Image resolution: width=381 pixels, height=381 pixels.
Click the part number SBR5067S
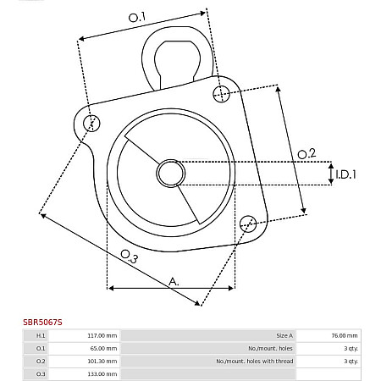point(42,322)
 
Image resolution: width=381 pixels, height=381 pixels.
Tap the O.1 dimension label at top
point(137,16)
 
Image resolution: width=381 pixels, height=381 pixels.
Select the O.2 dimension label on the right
point(307,153)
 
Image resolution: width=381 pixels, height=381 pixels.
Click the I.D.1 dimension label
point(345,174)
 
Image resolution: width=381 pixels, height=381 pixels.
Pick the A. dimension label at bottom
point(173,280)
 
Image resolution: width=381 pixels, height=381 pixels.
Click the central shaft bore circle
point(170,174)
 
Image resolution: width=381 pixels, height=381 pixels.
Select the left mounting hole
point(92,123)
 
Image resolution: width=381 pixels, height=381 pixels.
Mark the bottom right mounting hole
point(247,224)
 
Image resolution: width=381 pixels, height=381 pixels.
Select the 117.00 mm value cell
point(102,335)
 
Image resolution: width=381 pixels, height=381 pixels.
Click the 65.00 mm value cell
point(104,348)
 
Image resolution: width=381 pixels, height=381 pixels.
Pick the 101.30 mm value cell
point(102,361)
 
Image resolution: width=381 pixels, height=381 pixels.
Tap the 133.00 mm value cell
point(102,373)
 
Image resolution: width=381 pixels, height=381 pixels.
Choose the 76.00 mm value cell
point(344,335)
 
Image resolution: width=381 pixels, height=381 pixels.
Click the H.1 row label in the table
point(40,335)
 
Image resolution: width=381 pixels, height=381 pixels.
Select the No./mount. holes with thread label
point(255,361)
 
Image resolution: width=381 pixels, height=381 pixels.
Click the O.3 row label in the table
point(40,373)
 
